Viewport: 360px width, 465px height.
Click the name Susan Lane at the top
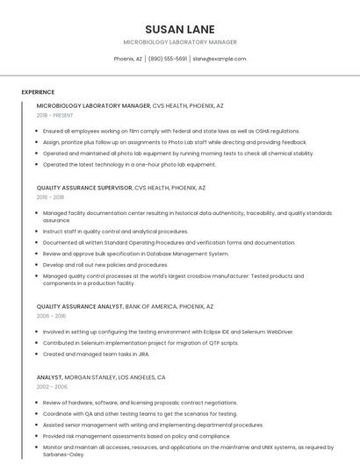(x=179, y=29)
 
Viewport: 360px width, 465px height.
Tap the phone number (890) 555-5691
(x=168, y=59)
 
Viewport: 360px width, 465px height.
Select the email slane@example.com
(x=220, y=59)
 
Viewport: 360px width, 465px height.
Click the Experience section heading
(x=38, y=92)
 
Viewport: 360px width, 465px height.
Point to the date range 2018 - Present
(x=55, y=115)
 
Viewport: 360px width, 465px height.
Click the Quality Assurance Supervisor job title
(x=84, y=188)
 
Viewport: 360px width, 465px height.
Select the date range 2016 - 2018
(x=51, y=197)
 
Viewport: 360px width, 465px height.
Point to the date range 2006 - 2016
(x=51, y=317)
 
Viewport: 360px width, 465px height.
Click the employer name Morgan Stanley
(x=90, y=377)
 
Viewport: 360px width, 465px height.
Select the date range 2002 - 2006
(x=52, y=387)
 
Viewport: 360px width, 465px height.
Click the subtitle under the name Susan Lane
(x=179, y=42)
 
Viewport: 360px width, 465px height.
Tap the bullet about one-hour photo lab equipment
(x=129, y=164)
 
